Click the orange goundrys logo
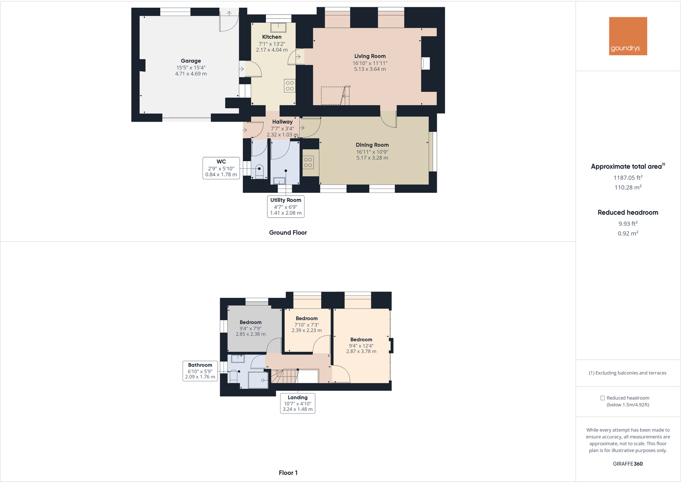point(627,36)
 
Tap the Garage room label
point(191,61)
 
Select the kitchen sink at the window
point(278,27)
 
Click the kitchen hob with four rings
point(290,86)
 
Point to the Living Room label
point(370,56)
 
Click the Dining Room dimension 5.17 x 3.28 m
point(372,158)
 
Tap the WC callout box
point(221,168)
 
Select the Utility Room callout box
point(286,206)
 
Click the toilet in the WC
point(259,170)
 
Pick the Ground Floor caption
point(288,233)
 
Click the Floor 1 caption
point(288,473)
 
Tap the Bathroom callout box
point(200,371)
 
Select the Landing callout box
point(298,403)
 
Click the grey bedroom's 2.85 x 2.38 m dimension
point(251,334)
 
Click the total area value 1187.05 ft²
point(627,177)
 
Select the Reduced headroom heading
point(627,213)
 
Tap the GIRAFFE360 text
point(627,464)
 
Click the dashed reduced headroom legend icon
point(602,398)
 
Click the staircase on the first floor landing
point(285,376)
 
